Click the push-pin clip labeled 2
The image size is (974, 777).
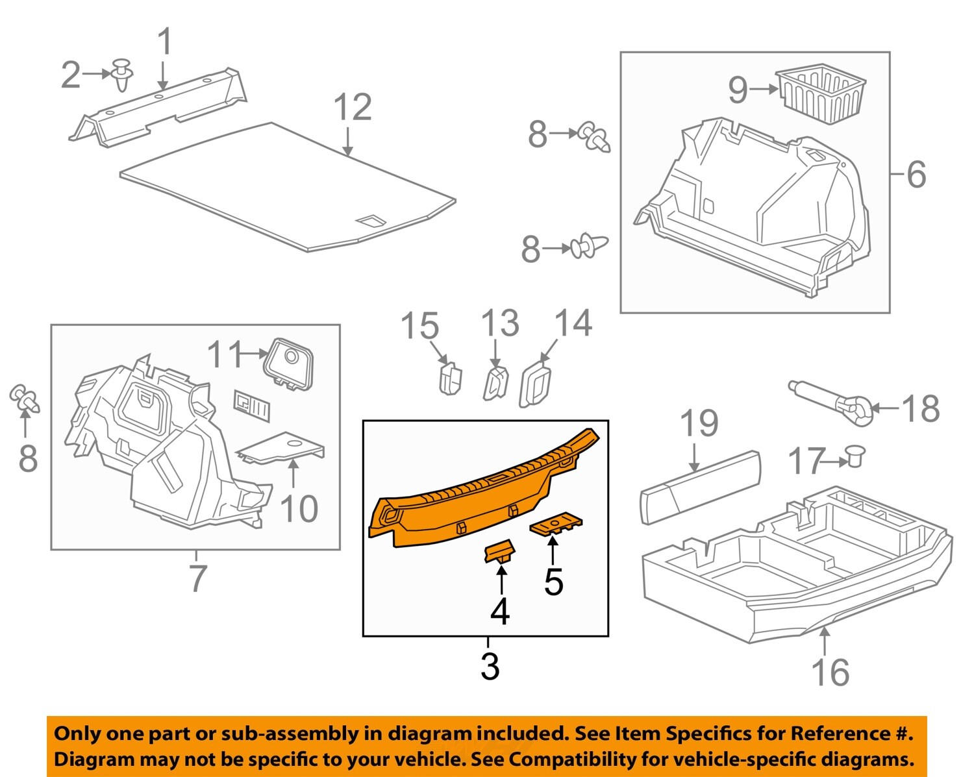122,75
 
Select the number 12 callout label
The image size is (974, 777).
353,108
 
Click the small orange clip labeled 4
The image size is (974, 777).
499,553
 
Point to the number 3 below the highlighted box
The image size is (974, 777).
490,667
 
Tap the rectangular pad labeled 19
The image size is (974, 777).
699,487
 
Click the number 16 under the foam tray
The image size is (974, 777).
830,672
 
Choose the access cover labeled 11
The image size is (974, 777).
288,363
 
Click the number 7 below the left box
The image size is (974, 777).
197,578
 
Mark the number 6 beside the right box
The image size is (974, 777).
916,174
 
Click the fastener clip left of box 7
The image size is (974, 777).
25,399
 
